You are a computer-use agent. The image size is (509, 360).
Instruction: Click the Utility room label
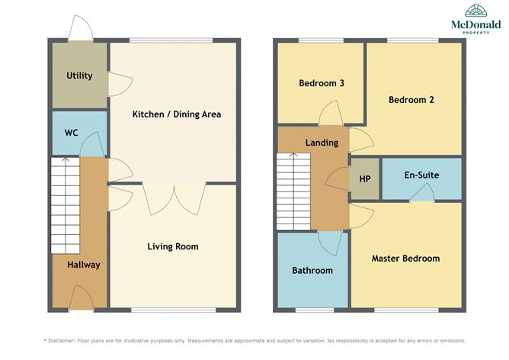(x=79, y=76)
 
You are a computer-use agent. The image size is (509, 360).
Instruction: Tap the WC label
(x=72, y=133)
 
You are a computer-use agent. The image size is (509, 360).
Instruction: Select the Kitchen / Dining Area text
(x=177, y=114)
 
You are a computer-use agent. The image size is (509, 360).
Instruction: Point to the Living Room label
(x=173, y=246)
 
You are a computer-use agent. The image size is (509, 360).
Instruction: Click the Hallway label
(x=84, y=265)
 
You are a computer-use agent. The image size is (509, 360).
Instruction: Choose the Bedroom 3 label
(x=322, y=83)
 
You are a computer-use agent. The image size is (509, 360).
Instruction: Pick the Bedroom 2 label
(x=411, y=100)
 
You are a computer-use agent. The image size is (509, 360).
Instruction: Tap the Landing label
(x=322, y=143)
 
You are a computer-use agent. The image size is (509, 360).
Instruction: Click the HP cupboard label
(x=365, y=179)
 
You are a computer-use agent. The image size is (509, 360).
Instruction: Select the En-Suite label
(x=421, y=175)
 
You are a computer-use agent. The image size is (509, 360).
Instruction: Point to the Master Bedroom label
(x=406, y=259)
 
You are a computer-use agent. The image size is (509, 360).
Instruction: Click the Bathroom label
(x=312, y=270)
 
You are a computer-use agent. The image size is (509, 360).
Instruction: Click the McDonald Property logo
(x=476, y=19)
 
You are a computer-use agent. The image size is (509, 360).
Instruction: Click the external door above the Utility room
(x=81, y=28)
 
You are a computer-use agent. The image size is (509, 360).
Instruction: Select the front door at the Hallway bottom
(x=82, y=297)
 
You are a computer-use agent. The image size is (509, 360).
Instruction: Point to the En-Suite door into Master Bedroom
(x=422, y=193)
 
